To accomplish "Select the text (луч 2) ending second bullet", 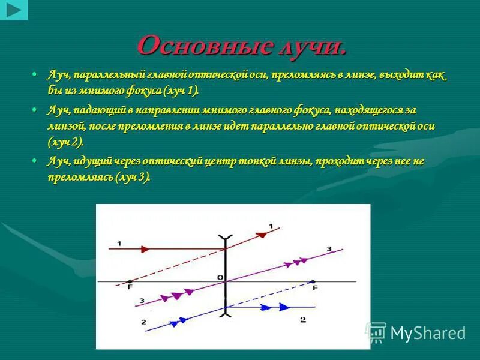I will point(65,142).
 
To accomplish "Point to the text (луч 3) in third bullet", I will point(133,178).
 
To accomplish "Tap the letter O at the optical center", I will point(220,277).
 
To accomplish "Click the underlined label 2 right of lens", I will point(302,320).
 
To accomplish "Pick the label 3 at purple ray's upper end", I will point(329,248).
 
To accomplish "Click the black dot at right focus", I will point(312,280).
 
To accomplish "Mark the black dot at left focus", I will point(130,280).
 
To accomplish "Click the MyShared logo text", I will point(428,333).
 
